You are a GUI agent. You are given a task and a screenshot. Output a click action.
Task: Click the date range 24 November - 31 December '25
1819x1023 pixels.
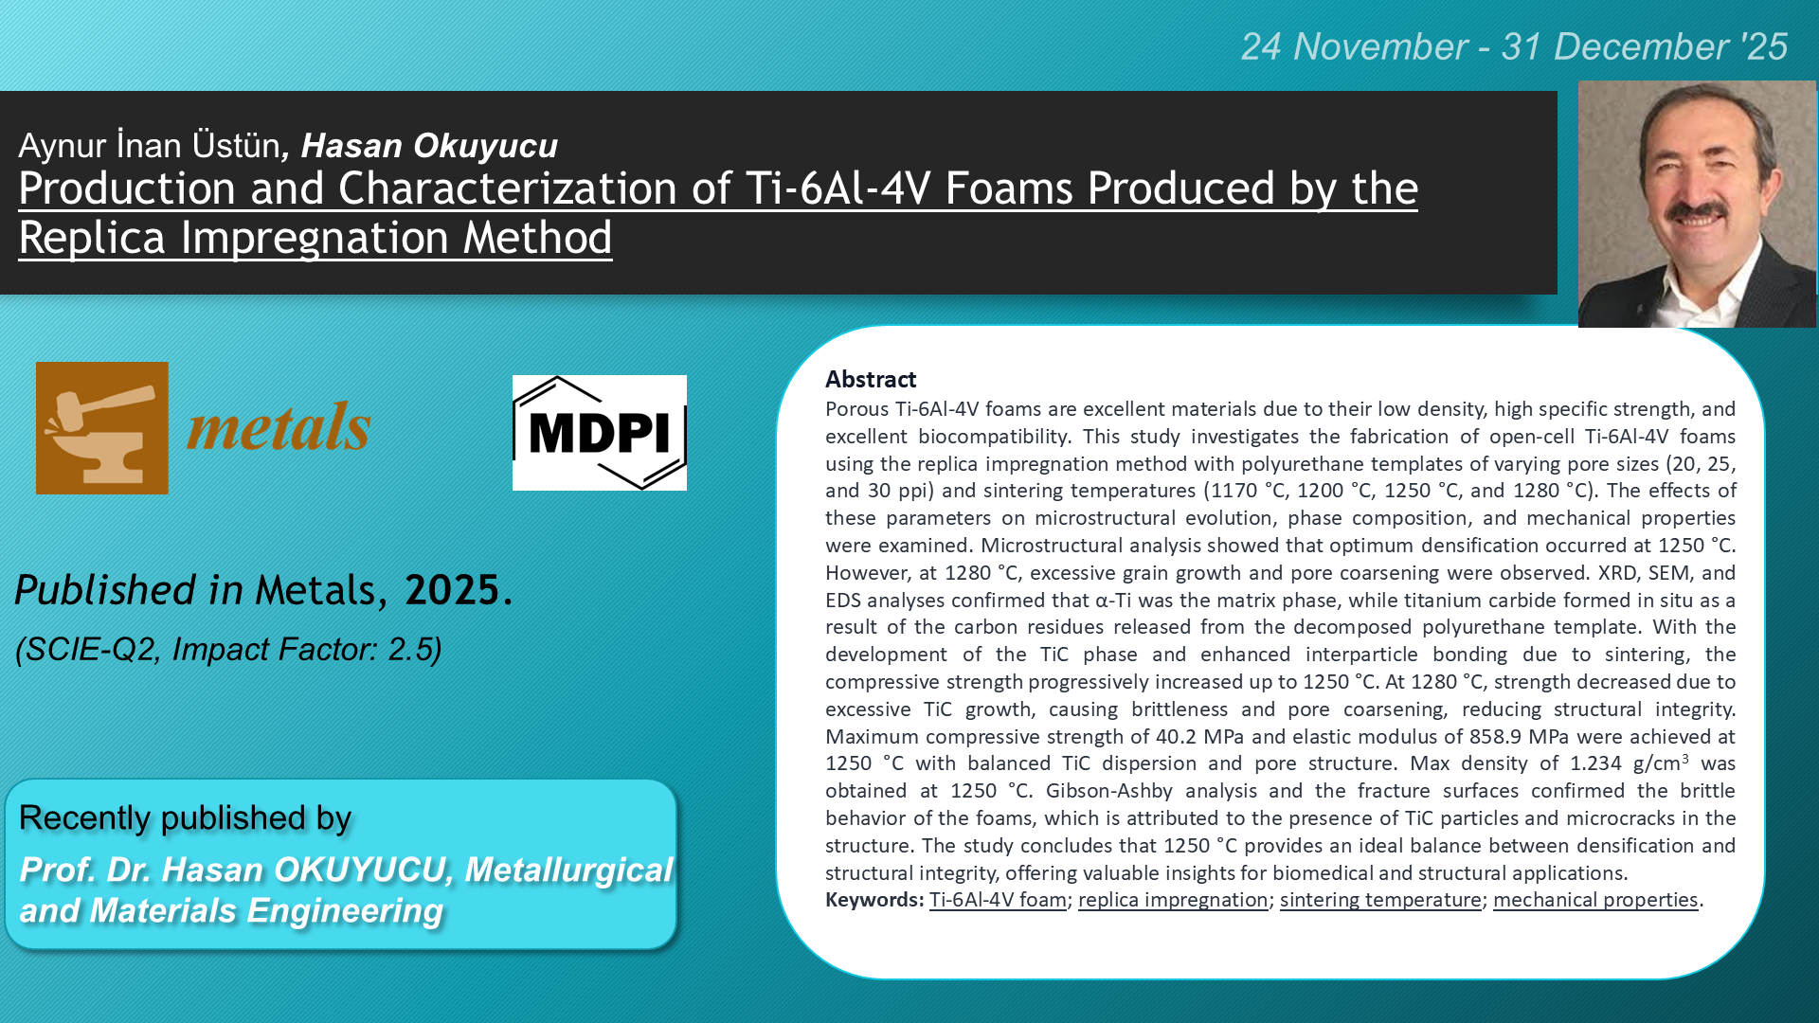(x=1514, y=46)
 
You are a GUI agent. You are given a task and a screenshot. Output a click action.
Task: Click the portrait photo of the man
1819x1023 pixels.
(x=1697, y=204)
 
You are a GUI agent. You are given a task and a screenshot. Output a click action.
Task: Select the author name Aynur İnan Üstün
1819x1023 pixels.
(x=149, y=145)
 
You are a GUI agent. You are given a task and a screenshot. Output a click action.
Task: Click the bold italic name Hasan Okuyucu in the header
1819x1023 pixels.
(x=429, y=146)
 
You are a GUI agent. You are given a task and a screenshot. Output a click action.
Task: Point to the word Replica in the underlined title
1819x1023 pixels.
(x=92, y=237)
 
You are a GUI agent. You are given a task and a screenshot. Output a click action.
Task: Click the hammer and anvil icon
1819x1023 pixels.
(x=102, y=428)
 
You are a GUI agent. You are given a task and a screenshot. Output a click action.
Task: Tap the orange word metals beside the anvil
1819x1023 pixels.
(x=279, y=427)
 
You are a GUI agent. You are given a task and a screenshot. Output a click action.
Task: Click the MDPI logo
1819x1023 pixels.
(x=600, y=433)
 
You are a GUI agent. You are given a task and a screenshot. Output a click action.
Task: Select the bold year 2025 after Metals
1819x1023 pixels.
(x=452, y=590)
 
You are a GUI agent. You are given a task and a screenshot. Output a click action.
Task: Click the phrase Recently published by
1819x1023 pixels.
(x=186, y=817)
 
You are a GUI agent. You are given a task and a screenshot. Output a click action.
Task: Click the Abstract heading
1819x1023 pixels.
(x=871, y=379)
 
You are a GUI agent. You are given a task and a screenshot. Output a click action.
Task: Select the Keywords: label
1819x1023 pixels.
(x=873, y=900)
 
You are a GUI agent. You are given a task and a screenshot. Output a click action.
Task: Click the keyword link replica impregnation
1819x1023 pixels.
(x=1173, y=900)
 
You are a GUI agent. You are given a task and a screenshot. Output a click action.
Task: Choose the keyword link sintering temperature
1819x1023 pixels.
(x=1380, y=900)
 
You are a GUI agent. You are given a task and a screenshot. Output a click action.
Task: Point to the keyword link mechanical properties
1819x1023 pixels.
(x=1595, y=900)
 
